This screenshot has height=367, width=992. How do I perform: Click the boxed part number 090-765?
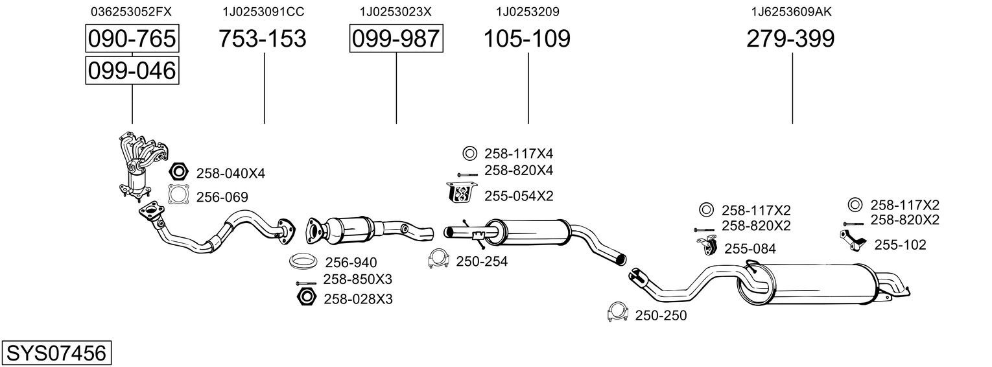pos(132,38)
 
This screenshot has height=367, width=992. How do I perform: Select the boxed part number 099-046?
pos(132,71)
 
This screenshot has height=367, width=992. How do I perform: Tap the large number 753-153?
pos(263,38)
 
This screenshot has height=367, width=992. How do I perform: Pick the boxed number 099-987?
pos(396,38)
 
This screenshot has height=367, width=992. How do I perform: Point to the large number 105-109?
pos(527,38)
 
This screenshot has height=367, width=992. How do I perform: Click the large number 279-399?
pos(790,38)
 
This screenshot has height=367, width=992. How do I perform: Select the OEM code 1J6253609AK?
pos(791,12)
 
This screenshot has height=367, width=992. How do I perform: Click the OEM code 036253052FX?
pos(131,12)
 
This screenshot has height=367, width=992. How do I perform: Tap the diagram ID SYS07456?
pos(56,353)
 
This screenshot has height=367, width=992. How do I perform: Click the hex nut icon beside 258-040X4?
pos(179,171)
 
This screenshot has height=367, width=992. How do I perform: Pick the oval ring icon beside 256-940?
pos(303,261)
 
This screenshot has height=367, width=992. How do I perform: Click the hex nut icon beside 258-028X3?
pos(306,296)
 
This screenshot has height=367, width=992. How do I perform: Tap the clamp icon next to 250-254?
pos(439,259)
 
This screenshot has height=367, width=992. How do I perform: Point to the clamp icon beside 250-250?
pos(619,313)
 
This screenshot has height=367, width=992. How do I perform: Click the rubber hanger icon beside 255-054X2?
pos(462,193)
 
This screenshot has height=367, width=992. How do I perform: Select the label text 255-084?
pos(750,249)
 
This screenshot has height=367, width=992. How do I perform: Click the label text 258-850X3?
pos(357,279)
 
